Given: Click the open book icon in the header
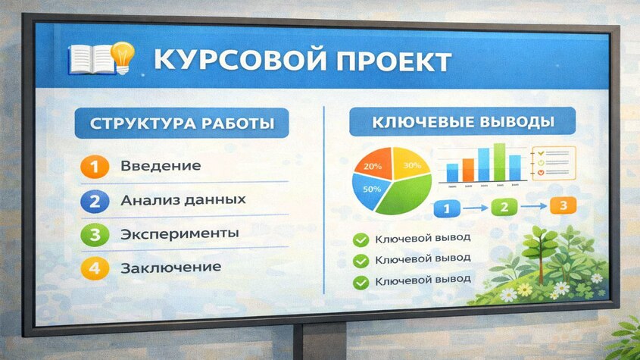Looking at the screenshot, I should (x=88, y=58).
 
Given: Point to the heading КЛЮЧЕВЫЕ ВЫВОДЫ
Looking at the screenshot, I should (x=462, y=122).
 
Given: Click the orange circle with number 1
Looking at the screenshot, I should (x=93, y=166).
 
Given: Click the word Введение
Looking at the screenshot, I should (x=161, y=166).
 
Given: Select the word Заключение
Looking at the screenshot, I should (x=171, y=267).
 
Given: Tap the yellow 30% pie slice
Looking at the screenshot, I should (x=411, y=165).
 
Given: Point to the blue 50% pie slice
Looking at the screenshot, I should (x=370, y=189).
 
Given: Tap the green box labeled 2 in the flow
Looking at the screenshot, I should (x=505, y=205).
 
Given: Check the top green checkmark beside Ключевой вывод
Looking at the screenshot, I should (x=361, y=240).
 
